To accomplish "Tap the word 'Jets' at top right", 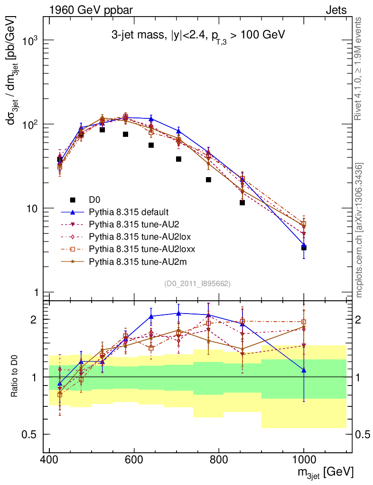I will (336, 10).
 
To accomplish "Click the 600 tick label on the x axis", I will (134, 460).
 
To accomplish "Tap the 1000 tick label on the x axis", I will (304, 460).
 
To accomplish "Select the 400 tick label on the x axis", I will (49, 460).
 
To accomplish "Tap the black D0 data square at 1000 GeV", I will (304, 247).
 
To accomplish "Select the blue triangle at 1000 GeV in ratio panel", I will (304, 370).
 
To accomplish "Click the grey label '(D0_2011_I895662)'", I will (197, 284).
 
